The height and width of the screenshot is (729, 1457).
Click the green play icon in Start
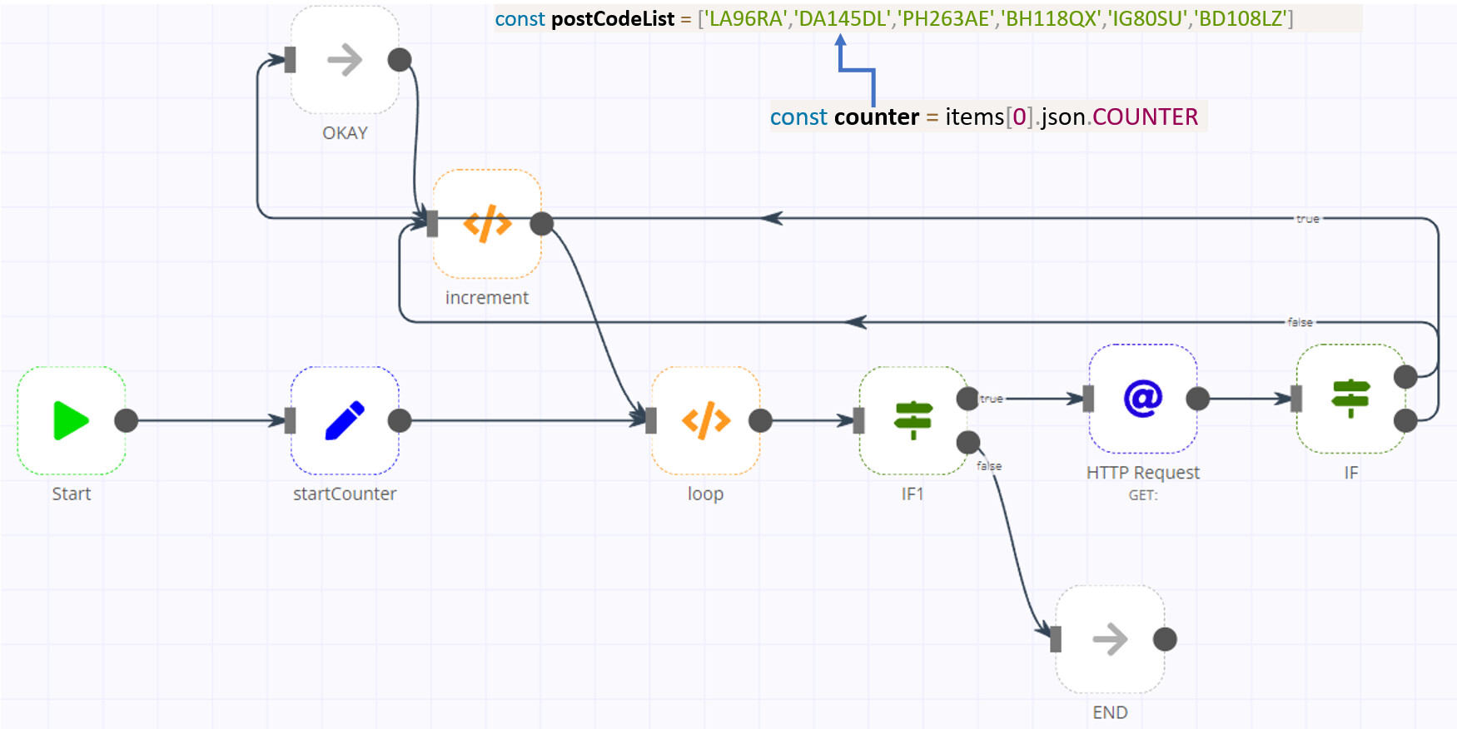pos(71,420)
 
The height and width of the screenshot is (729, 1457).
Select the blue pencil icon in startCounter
pos(345,420)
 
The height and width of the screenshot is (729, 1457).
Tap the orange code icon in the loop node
pos(705,420)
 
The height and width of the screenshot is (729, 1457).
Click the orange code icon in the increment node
pos(487,223)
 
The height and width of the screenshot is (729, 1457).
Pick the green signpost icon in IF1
pos(912,420)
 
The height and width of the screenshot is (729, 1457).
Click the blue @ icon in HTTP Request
pos(1143,399)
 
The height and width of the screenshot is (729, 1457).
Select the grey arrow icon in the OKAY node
pos(345,60)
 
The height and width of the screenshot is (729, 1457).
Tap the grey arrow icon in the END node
pos(1110,639)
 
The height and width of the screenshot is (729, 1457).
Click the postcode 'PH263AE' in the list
pos(945,18)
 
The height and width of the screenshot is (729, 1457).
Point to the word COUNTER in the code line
pos(1145,117)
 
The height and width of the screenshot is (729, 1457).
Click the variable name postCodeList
pos(613,18)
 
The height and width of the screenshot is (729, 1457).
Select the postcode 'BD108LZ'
pos(1241,18)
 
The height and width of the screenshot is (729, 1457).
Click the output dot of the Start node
pos(127,420)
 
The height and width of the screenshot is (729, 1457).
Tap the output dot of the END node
pos(1165,639)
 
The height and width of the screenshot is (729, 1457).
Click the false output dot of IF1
pos(968,442)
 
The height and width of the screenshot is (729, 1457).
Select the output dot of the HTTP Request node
pos(1197,399)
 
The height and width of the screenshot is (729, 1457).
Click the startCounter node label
pos(345,493)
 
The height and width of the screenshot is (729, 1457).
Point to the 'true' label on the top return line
pos(1307,219)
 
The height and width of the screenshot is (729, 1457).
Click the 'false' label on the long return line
pos(1300,322)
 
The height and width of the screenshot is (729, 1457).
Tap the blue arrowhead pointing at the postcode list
pos(841,40)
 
